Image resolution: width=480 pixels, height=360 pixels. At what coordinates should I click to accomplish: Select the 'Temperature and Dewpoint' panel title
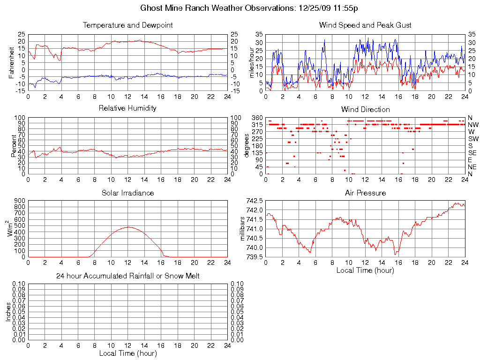[127, 25]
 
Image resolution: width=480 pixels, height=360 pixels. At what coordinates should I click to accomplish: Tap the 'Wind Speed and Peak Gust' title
[365, 25]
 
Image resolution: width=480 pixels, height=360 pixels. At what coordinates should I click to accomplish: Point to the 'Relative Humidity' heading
[127, 108]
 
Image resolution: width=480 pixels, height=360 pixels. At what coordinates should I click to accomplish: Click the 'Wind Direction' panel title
[365, 110]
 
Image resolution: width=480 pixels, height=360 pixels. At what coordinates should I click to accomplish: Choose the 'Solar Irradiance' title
[127, 193]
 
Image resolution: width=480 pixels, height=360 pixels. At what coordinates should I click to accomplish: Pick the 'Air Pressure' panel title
[365, 193]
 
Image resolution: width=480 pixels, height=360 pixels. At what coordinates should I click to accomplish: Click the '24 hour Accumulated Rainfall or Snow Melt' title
[127, 276]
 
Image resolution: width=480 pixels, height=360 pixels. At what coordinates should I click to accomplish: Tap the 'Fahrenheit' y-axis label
[11, 62]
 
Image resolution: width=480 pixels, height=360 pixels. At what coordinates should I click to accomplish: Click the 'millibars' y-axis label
[243, 229]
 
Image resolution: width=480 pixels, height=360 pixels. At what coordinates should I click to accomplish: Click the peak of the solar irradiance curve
[127, 227]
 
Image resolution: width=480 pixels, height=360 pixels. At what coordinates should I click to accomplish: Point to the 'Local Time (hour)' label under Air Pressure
[365, 270]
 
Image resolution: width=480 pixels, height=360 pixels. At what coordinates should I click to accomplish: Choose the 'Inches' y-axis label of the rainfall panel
[8, 312]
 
